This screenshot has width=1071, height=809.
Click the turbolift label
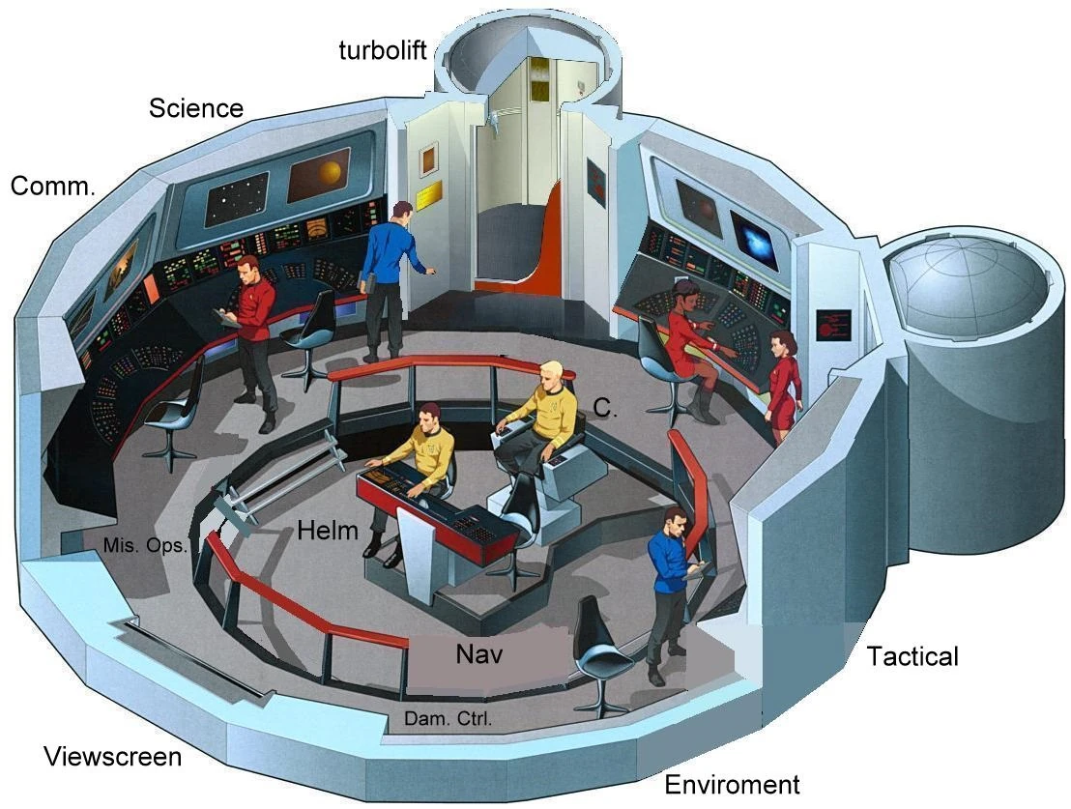tap(382, 49)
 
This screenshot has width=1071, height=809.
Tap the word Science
tap(195, 108)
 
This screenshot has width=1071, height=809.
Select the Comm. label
tap(53, 187)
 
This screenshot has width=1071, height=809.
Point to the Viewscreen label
tap(112, 756)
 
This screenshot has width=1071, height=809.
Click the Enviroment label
tap(733, 784)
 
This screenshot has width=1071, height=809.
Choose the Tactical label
tap(912, 657)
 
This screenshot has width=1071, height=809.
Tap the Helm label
tap(328, 530)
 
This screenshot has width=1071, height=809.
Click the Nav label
tap(478, 654)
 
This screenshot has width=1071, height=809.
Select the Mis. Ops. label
tap(145, 545)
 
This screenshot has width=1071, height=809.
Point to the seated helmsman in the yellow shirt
tap(422, 464)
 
